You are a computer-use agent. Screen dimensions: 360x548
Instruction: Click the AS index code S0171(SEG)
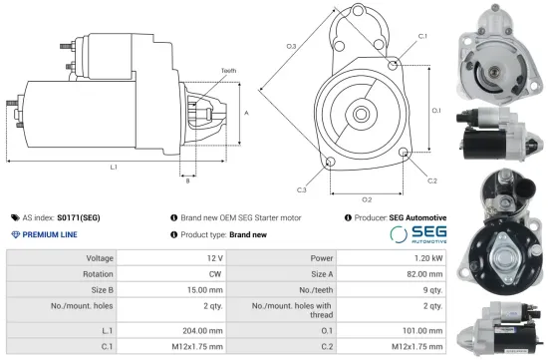click(x=78, y=216)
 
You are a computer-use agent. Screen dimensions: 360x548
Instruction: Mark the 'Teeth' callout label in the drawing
click(x=228, y=70)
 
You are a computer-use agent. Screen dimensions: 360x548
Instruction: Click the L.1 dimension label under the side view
click(x=114, y=166)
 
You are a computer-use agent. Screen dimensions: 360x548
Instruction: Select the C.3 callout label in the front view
click(x=301, y=189)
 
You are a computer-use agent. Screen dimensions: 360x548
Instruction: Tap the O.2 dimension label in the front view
click(x=366, y=199)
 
